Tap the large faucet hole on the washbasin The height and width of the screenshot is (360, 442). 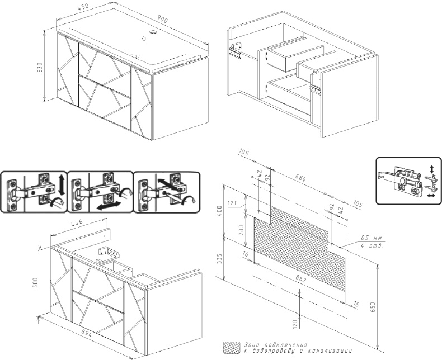click(x=153, y=34)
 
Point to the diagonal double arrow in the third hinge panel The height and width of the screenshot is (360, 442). click(x=168, y=184)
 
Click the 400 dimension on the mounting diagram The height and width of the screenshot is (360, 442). click(x=219, y=211)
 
